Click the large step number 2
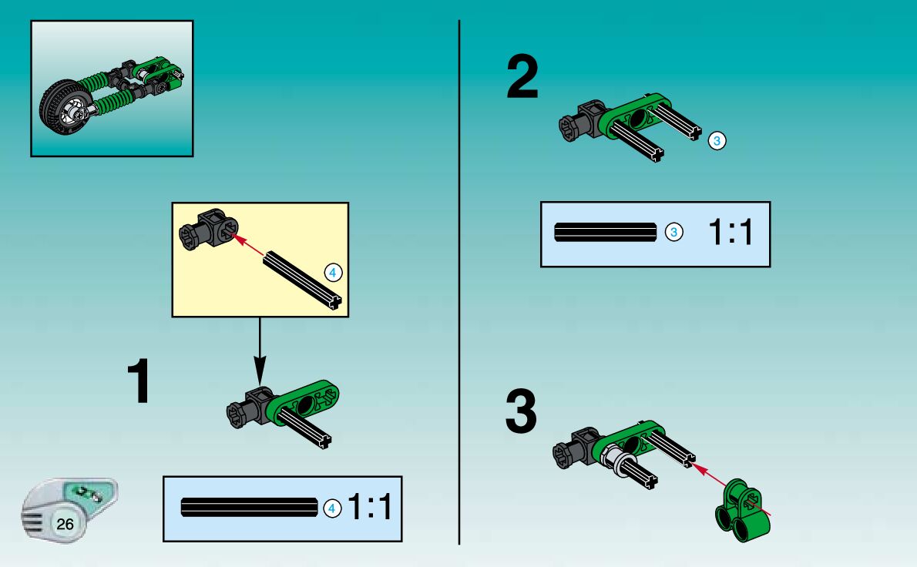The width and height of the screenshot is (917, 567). point(522,79)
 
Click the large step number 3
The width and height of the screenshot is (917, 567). point(521,413)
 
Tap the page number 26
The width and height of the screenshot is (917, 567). point(65,525)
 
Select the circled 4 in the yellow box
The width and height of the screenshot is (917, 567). point(332,272)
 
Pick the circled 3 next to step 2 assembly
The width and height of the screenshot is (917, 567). point(717,141)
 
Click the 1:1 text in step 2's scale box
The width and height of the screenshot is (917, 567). point(728,232)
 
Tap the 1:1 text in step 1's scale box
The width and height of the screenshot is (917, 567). point(371,508)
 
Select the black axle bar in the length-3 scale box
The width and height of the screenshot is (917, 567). point(606,232)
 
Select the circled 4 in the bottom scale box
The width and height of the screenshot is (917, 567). point(331,508)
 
